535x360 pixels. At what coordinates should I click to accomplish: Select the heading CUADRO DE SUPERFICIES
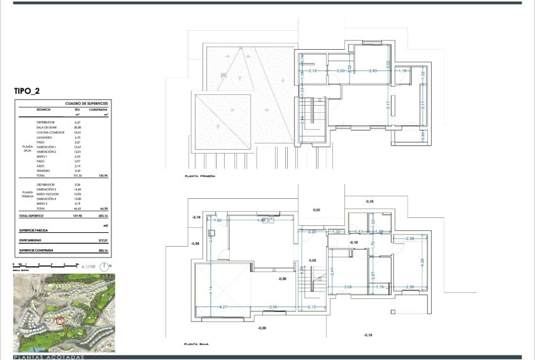(x=87, y=103)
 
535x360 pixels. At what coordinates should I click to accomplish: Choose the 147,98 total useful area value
(x=79, y=216)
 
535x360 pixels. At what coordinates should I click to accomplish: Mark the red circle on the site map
(x=60, y=320)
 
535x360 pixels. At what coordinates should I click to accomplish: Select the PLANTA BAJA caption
(x=193, y=345)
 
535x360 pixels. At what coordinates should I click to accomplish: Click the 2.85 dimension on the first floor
(x=373, y=71)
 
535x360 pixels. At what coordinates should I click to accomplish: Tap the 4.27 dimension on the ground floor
(x=222, y=307)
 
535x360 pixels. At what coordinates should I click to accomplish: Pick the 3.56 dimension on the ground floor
(x=273, y=307)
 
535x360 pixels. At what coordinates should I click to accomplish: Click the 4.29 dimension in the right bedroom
(x=422, y=261)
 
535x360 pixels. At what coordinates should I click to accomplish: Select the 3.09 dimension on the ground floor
(x=347, y=288)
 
